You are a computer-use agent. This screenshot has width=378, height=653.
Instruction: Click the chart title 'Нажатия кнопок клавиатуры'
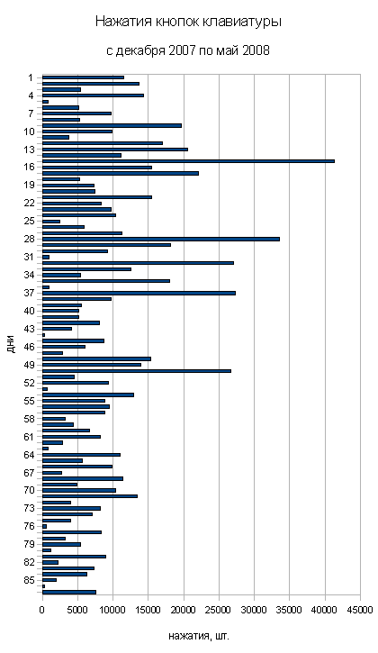188,22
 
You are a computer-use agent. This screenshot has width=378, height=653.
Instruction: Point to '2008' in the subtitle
256,50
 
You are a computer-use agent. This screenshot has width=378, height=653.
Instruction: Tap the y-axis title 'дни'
11,344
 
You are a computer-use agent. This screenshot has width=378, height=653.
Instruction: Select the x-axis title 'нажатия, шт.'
199,636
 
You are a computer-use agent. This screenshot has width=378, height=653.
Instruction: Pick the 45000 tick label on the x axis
360,610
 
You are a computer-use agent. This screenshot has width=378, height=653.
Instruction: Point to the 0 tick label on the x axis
42,610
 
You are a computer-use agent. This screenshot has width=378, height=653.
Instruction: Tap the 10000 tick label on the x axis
112,610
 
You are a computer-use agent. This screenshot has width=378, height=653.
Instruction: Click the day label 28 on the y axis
29,239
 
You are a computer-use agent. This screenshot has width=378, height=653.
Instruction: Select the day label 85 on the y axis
29,580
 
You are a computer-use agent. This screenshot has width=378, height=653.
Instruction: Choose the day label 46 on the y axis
29,347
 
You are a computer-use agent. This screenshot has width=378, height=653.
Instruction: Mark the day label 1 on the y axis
31,77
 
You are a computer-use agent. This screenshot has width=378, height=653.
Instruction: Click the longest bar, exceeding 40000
188,161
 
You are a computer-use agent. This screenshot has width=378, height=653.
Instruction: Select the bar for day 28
161,239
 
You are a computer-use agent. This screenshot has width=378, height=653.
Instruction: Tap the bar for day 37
139,293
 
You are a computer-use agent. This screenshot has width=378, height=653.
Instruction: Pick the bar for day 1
83,77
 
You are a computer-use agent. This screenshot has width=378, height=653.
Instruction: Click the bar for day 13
115,150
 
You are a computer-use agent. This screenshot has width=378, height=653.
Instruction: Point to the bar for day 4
93,95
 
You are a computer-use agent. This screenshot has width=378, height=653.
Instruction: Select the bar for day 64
81,455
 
